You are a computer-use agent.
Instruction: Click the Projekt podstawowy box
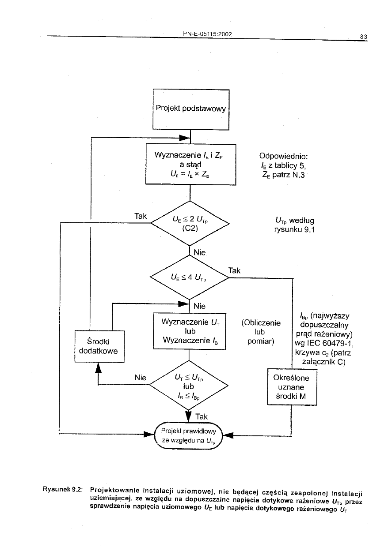[x=190, y=109]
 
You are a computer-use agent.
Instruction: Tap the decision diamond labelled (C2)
[x=190, y=223]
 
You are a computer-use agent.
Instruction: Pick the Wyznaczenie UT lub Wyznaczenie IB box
[x=189, y=331]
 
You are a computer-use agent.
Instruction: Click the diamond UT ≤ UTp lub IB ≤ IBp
[x=189, y=385]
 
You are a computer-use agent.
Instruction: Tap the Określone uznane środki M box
[x=292, y=387]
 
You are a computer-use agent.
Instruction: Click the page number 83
[x=363, y=37]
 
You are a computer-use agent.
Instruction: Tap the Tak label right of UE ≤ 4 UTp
[x=234, y=270]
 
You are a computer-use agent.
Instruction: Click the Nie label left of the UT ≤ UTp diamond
[x=140, y=377]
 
